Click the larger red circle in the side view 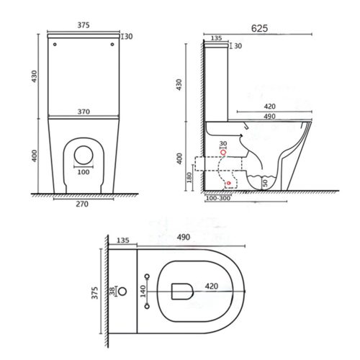coord(223,153)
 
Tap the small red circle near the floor coord(229,184)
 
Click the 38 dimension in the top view coord(111,292)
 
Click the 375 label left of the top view coord(94,291)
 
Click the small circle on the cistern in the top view coord(121,292)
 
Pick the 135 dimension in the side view coord(216,38)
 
